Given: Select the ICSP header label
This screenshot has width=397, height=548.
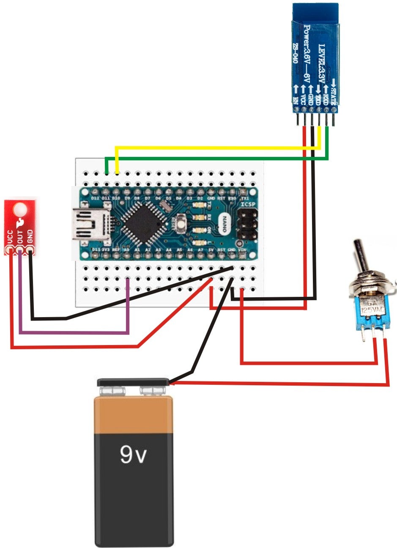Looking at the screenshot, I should [248, 205].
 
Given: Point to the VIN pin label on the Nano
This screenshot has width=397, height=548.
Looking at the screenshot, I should [242, 250].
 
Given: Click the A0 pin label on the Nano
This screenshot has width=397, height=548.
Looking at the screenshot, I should [126, 250].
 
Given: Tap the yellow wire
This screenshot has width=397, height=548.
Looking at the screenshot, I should [211, 148].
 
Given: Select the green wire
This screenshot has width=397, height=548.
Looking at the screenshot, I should [211, 159].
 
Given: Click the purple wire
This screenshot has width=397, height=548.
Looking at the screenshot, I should [72, 333].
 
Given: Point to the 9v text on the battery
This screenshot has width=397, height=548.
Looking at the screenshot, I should [133, 455].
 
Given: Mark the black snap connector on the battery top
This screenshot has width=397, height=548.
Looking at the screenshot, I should [133, 382].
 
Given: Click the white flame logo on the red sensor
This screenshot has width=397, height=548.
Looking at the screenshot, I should [19, 223].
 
